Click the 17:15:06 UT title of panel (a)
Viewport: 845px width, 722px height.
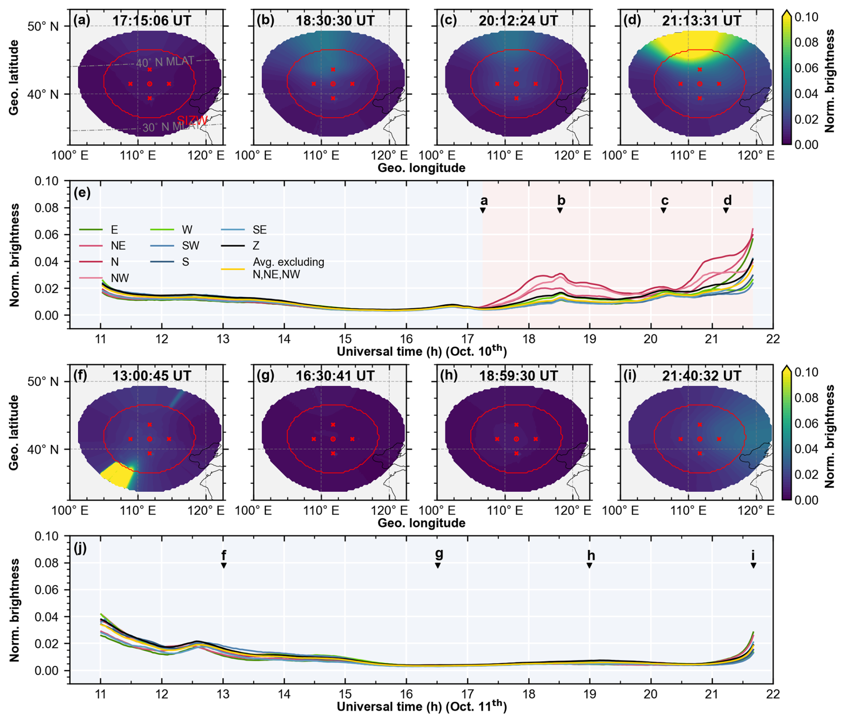(151, 21)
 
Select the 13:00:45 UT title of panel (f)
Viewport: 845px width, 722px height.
(151, 376)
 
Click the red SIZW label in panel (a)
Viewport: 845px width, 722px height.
(192, 120)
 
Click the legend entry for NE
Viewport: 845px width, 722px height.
(118, 246)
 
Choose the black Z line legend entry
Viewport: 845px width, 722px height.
(256, 246)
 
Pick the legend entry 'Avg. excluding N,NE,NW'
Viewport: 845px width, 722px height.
(288, 268)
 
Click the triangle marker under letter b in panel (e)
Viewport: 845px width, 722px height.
(560, 211)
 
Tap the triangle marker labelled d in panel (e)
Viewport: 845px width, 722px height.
(726, 211)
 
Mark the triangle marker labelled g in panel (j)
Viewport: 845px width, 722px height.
(438, 566)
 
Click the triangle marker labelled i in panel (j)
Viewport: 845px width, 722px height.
(753, 566)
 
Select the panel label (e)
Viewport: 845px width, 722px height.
(83, 193)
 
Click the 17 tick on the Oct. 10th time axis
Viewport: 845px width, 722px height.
(467, 339)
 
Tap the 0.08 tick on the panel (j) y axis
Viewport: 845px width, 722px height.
(46, 563)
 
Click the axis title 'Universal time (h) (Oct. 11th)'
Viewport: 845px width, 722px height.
(422, 707)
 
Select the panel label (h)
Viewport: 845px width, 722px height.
(449, 375)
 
